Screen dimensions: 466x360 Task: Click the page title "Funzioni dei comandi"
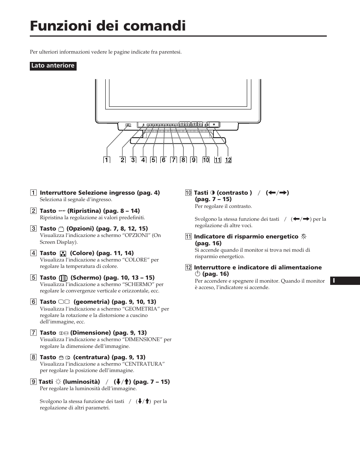click(108, 26)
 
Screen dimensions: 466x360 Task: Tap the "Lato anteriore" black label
click(53, 66)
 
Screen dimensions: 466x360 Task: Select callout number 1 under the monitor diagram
click(106, 160)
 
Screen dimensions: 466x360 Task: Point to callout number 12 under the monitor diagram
click(228, 160)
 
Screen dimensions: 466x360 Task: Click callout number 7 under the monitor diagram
click(173, 160)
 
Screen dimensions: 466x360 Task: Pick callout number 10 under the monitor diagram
click(206, 160)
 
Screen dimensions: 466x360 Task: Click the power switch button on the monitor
click(214, 124)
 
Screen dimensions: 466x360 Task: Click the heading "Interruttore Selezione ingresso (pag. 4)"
click(100, 193)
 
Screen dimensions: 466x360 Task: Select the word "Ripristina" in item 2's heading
click(84, 211)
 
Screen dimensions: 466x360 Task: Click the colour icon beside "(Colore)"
click(63, 254)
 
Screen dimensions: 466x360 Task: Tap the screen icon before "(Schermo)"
click(63, 278)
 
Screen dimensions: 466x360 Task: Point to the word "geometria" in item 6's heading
click(90, 302)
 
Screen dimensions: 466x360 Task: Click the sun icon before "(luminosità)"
click(58, 382)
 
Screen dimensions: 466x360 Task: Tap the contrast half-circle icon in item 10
click(212, 193)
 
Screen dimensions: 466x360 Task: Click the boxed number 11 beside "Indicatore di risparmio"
click(188, 237)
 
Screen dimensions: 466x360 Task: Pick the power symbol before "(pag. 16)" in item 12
click(197, 274)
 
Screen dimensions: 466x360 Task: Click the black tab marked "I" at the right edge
click(345, 281)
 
